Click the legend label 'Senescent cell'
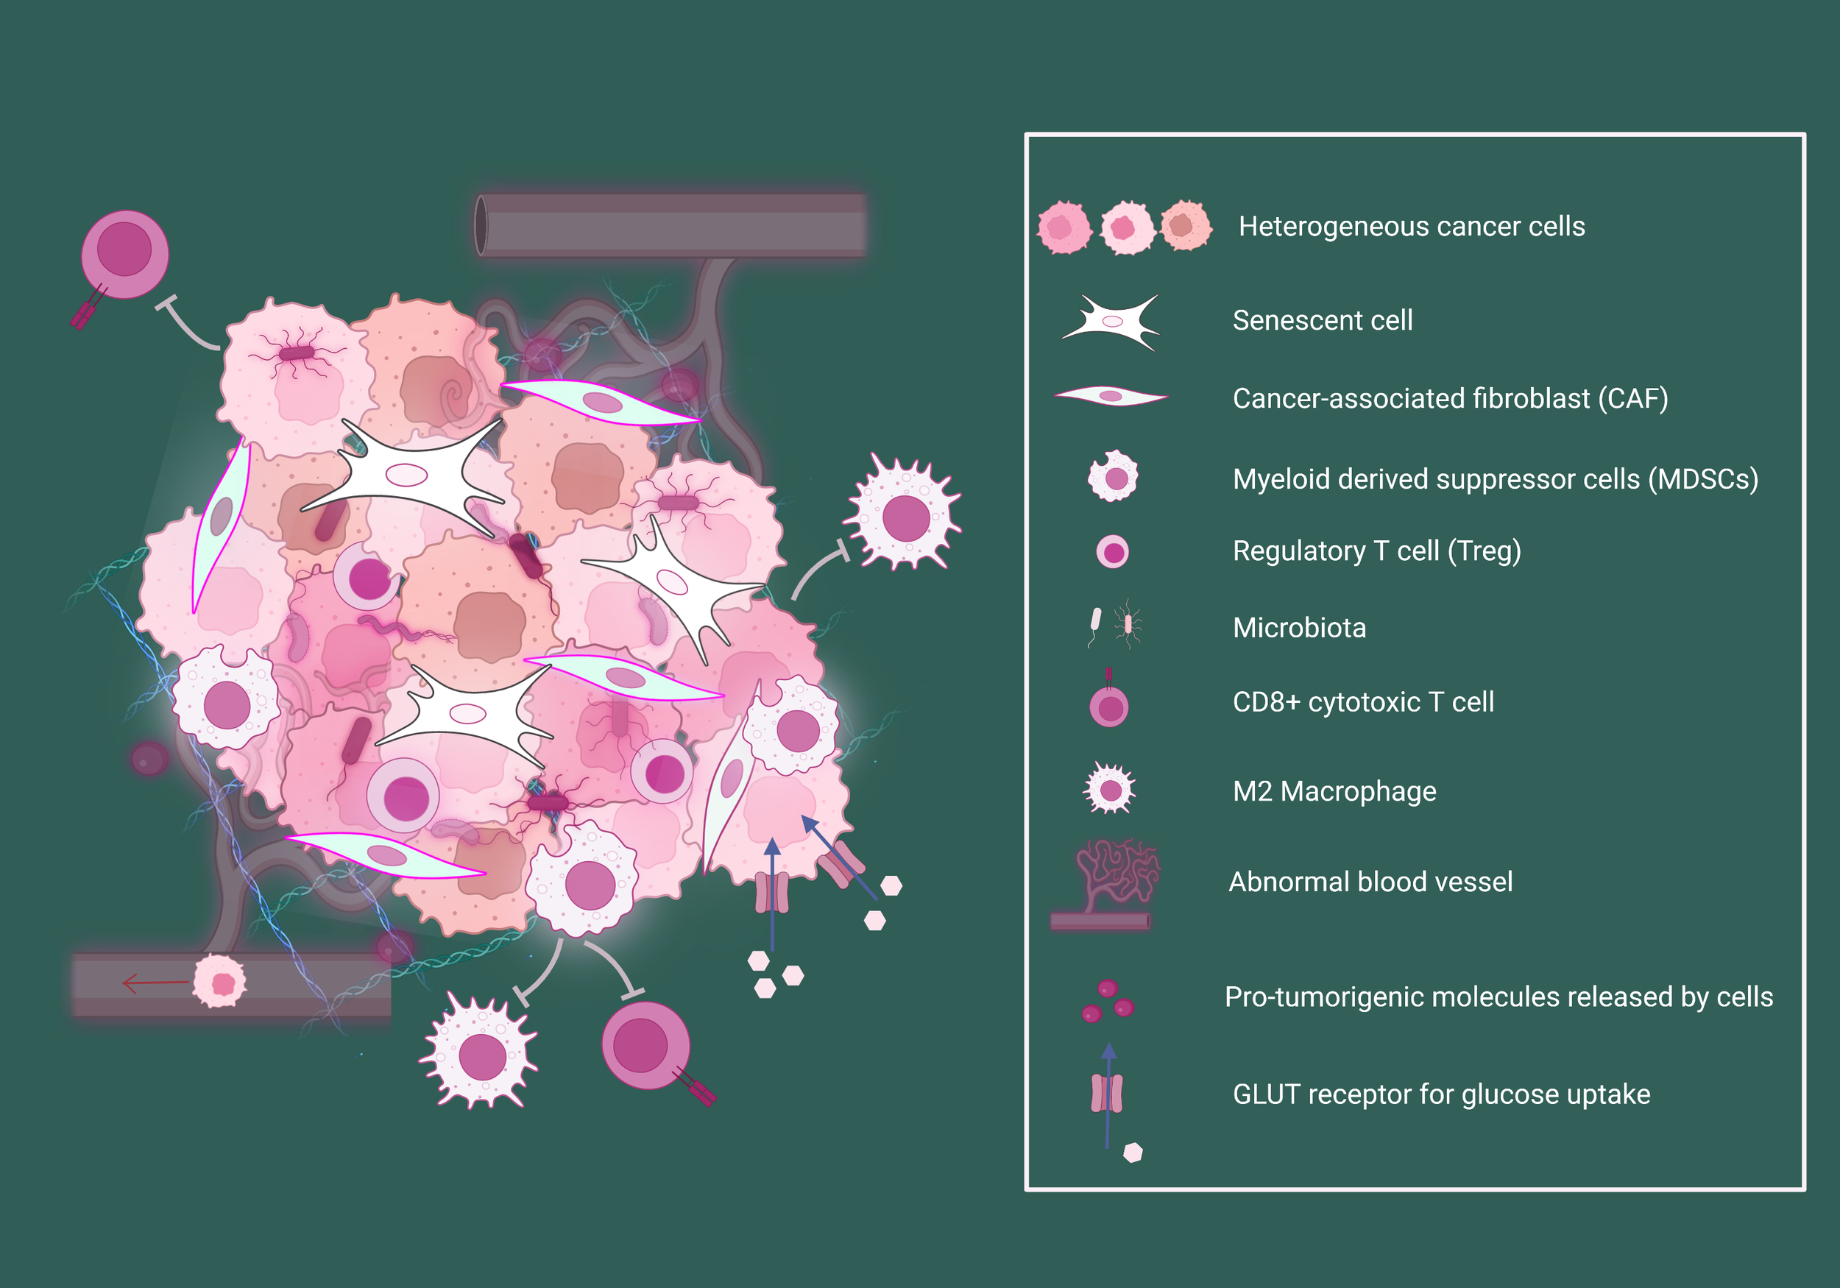1323,321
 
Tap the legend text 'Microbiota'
1299,628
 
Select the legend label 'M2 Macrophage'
1334,791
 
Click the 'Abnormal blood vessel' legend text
1370,882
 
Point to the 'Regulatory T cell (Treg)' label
1376,551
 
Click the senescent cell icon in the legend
1111,322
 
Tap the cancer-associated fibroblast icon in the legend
1111,396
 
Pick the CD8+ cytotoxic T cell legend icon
1109,706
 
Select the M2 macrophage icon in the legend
1110,790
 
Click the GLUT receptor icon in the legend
1108,1094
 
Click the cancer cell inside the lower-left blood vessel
220,981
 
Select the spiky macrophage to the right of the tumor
905,517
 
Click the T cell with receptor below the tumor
645,1045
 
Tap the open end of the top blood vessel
481,226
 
